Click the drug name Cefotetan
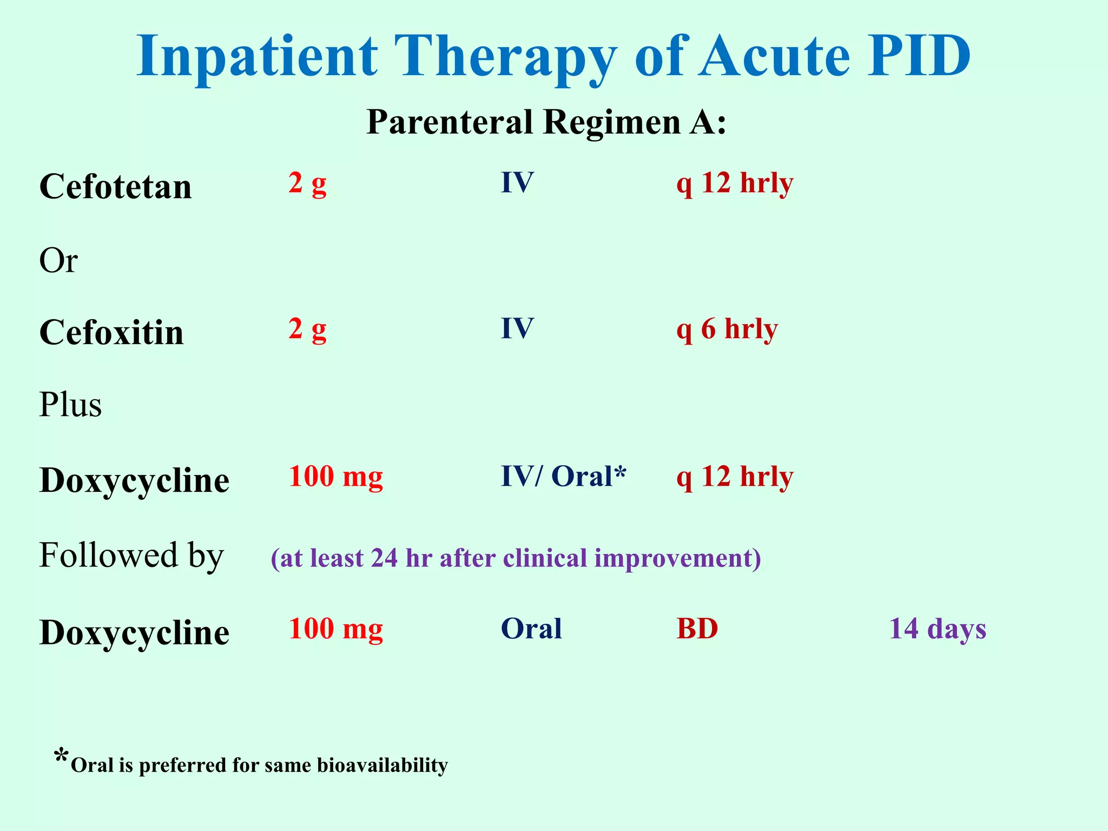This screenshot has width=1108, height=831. coord(115,187)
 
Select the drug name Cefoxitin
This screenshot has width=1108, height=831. coord(111,332)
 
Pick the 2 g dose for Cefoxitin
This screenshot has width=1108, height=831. coord(307,329)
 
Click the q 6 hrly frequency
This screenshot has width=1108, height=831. coord(727,329)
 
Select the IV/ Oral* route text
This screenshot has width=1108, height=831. coord(563,477)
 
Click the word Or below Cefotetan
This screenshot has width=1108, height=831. coord(58,261)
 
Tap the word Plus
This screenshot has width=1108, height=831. coord(70,405)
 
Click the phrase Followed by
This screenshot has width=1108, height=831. coord(131,556)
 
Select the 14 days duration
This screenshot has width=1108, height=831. coord(938,629)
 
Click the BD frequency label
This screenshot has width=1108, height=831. coord(697,629)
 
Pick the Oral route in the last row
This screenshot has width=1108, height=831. coord(531,629)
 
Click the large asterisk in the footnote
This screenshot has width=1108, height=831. coord(62,756)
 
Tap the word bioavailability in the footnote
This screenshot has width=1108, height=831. coord(382,765)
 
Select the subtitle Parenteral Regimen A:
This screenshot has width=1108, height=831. coord(546,122)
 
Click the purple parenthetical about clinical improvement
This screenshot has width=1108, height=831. coord(516,558)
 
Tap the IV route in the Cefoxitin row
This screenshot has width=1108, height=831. coord(517,328)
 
